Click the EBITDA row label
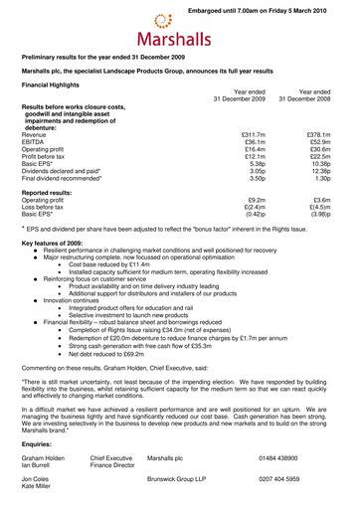[x=34, y=143]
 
